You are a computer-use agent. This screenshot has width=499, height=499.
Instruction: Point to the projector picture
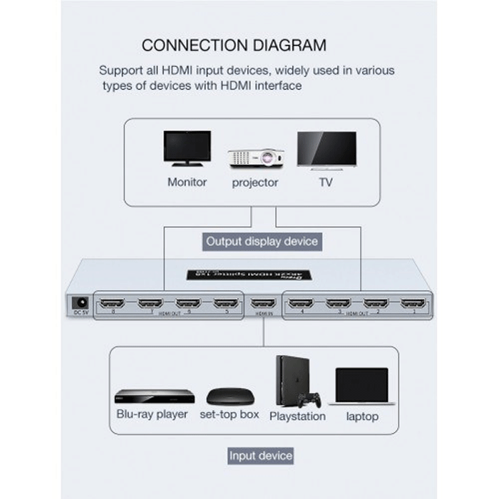pos(256,158)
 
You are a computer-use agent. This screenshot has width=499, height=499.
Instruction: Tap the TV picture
pos(326,150)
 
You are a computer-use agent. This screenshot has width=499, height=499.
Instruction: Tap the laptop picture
pos(363,386)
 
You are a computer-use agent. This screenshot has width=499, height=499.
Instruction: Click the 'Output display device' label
pos(262,241)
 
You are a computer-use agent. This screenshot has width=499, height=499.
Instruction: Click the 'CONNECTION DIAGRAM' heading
pos(234,45)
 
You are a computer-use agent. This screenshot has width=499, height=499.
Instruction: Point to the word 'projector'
pos(255,182)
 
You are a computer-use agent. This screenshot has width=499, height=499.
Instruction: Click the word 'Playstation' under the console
pos(297,416)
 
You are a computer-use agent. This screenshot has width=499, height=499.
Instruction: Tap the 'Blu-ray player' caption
pos(152,413)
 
